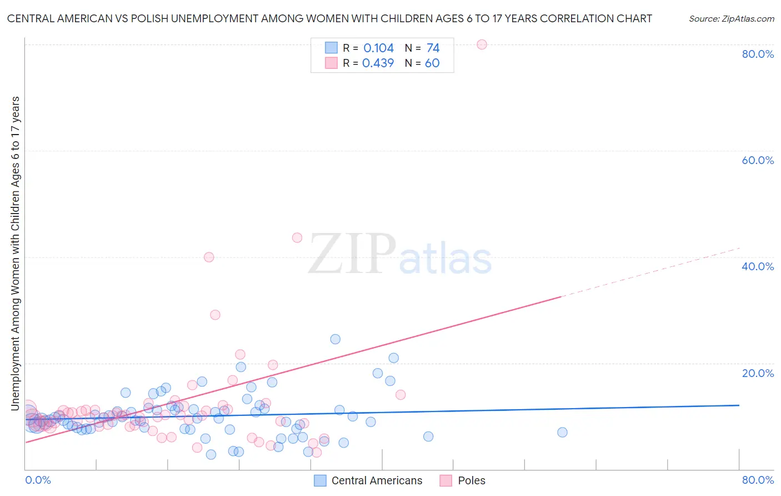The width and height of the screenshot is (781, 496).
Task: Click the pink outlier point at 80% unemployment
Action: pyautogui.click(x=482, y=44)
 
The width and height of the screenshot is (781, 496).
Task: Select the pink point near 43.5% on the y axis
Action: pyautogui.click(x=297, y=237)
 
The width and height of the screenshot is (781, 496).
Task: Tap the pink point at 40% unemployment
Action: pyautogui.click(x=209, y=257)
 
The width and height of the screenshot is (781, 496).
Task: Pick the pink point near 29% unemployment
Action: pyautogui.click(x=215, y=315)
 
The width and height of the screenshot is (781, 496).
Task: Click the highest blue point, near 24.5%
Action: pyautogui.click(x=336, y=339)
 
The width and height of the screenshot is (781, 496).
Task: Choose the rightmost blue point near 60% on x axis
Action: pyautogui.click(x=562, y=432)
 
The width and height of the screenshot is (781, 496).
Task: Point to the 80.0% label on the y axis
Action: pyautogui.click(x=758, y=54)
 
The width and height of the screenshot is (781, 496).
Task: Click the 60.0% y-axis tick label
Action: pyautogui.click(x=758, y=160)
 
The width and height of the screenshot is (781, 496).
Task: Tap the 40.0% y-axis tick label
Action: pyautogui.click(x=758, y=266)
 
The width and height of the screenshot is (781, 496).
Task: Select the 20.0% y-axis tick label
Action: pyautogui.click(x=758, y=373)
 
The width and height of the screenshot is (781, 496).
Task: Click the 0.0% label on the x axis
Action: pyautogui.click(x=38, y=480)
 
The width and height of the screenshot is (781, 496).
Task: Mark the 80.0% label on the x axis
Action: pyautogui.click(x=758, y=480)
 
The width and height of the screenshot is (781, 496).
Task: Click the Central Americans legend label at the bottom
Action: pyautogui.click(x=377, y=480)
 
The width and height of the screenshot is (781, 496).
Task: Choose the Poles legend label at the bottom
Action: pyautogui.click(x=472, y=480)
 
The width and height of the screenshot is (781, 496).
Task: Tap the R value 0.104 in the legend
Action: pyautogui.click(x=378, y=48)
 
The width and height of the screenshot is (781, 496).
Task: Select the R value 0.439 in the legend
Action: pyautogui.click(x=378, y=63)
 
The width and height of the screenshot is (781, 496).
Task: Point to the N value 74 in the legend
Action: pyautogui.click(x=433, y=48)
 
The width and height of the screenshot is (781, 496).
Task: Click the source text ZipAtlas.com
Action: pyautogui.click(x=731, y=19)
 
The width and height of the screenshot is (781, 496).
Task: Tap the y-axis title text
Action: pyautogui.click(x=16, y=253)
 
